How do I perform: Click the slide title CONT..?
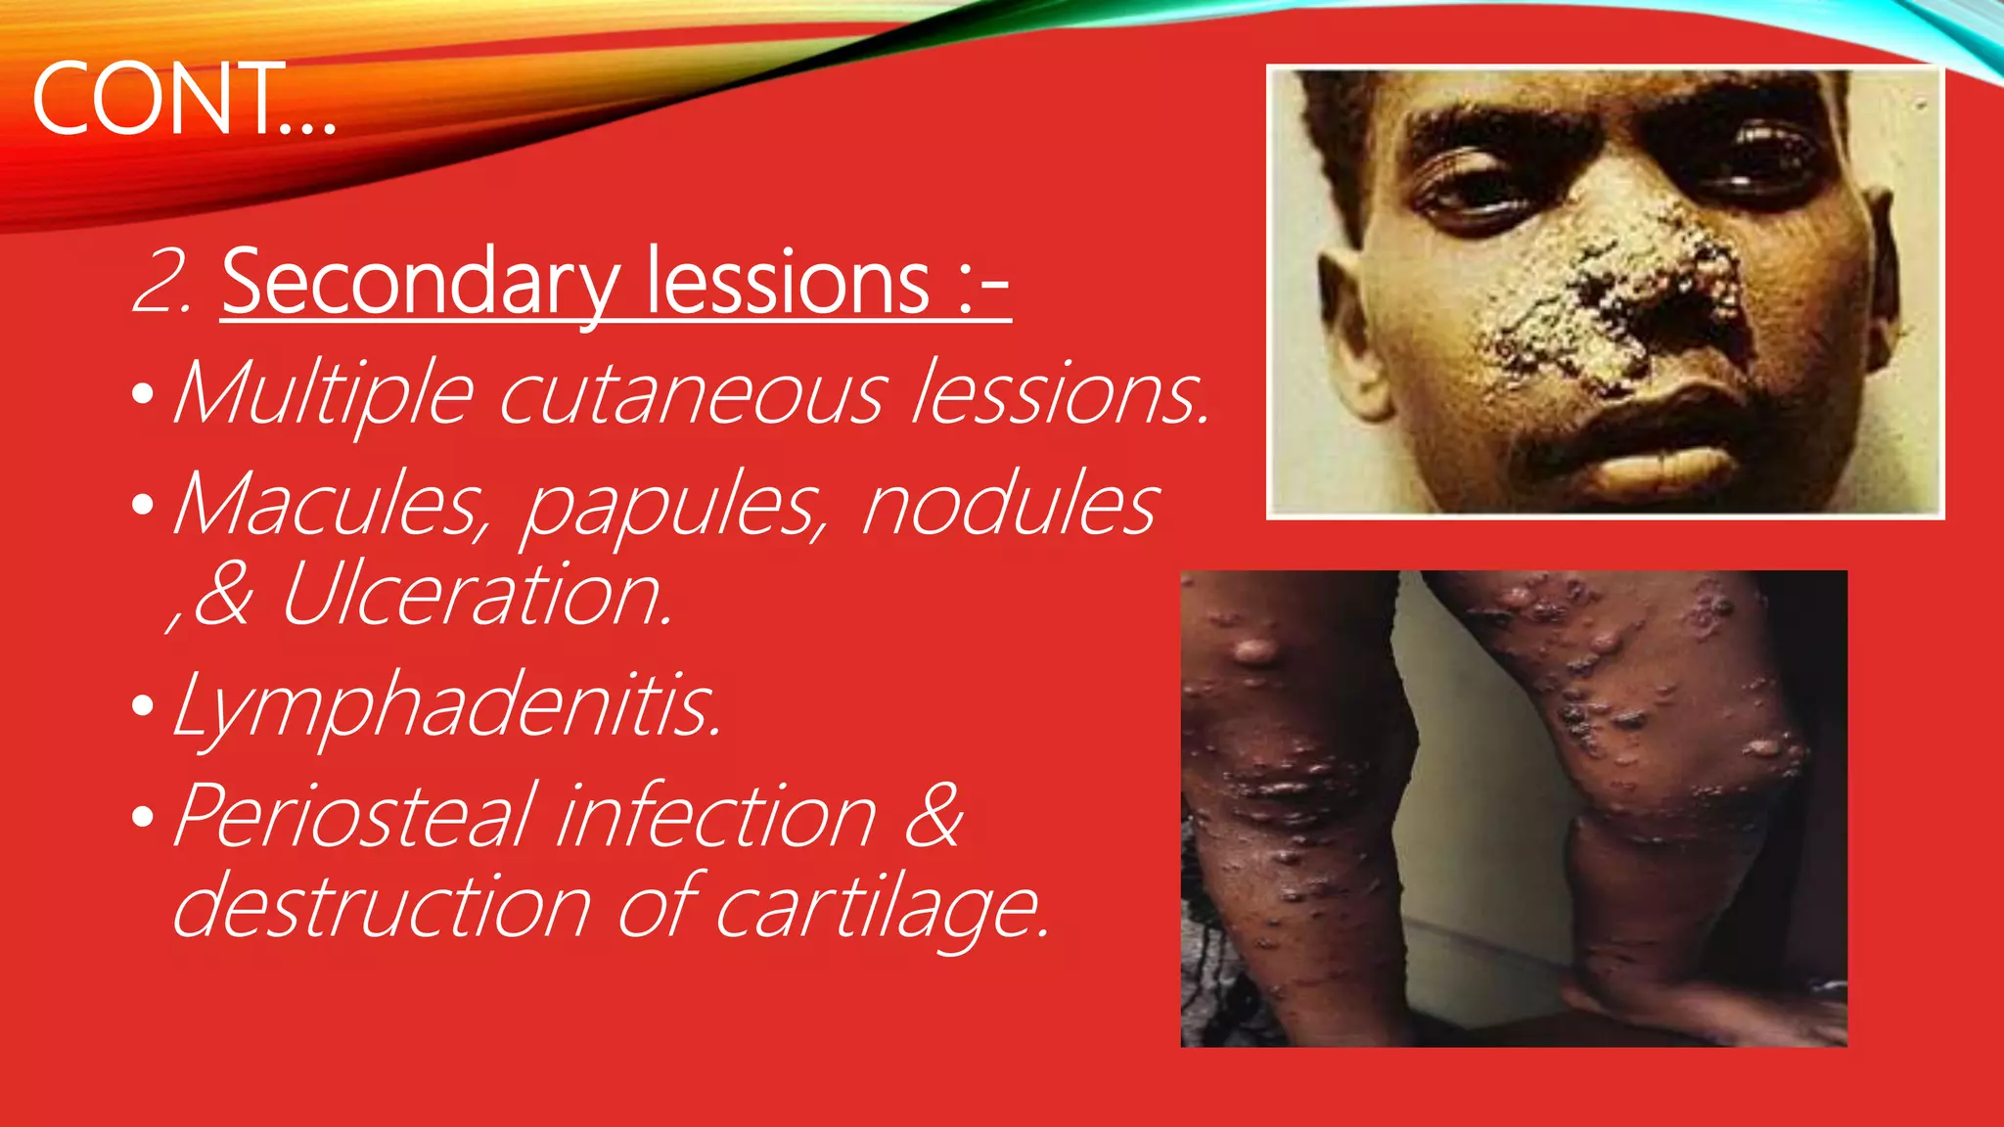pyautogui.click(x=183, y=99)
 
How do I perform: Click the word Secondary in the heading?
pyautogui.click(x=420, y=284)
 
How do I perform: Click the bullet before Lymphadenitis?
pyautogui.click(x=143, y=706)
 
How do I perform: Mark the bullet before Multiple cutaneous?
pyautogui.click(x=143, y=394)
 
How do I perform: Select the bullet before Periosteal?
pyautogui.click(x=143, y=816)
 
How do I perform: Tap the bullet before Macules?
pyautogui.click(x=143, y=505)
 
